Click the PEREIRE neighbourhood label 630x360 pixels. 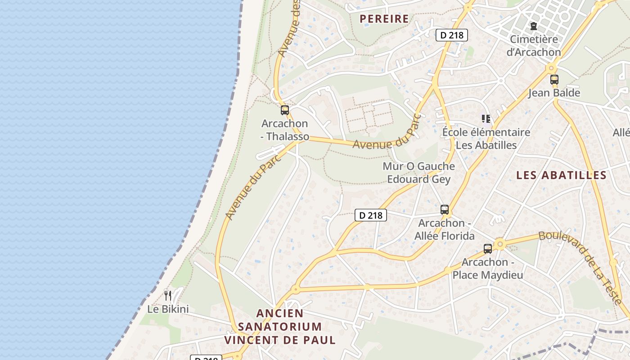(x=384, y=19)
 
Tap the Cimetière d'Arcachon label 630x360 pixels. (x=534, y=45)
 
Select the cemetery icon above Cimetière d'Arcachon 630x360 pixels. (x=534, y=26)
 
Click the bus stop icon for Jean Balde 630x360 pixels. (x=554, y=80)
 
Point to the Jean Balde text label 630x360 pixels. (x=554, y=93)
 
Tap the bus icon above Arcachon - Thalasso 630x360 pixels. (x=285, y=110)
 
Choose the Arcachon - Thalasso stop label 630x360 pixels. (x=285, y=130)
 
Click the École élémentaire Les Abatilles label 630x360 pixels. (x=486, y=139)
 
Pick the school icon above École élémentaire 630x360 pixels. (x=486, y=119)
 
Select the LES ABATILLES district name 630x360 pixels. (x=561, y=175)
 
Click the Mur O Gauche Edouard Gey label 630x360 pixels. (x=418, y=173)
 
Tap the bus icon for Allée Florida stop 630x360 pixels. (x=445, y=210)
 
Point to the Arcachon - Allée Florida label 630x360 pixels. (x=445, y=229)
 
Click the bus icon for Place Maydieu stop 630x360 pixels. (x=488, y=249)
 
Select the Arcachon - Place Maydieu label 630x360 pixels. (x=488, y=269)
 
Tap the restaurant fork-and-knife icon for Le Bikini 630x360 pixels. (x=168, y=296)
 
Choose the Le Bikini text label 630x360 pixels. (x=168, y=310)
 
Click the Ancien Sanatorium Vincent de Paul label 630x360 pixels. (x=280, y=327)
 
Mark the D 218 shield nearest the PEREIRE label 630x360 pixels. (x=452, y=35)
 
